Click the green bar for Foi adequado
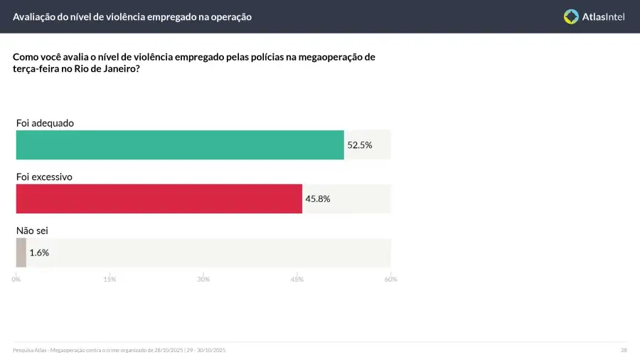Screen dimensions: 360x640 click(x=180, y=144)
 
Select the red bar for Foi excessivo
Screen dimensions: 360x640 click(x=159, y=198)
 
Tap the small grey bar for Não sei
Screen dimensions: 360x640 click(x=21, y=253)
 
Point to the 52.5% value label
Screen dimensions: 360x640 click(x=360, y=145)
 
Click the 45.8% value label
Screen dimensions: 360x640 click(x=318, y=199)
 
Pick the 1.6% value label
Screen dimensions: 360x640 click(x=39, y=253)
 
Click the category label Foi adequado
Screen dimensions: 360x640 click(x=45, y=123)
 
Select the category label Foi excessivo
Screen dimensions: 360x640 click(x=44, y=177)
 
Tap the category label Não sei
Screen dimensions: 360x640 click(x=32, y=231)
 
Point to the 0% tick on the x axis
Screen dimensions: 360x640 click(x=16, y=279)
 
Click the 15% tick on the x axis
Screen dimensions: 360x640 click(x=110, y=279)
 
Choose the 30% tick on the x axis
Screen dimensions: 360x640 click(x=203, y=279)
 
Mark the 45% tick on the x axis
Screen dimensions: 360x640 click(x=297, y=279)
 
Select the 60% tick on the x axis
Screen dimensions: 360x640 click(x=390, y=279)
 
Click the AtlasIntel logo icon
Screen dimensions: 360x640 click(x=571, y=16)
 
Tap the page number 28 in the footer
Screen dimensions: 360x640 click(x=624, y=350)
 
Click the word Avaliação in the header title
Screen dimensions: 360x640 click(x=35, y=16)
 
